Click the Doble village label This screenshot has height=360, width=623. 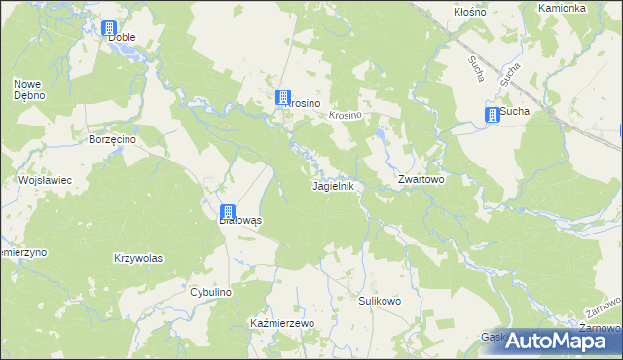[x=122, y=37]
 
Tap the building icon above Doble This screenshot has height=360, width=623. [x=109, y=29]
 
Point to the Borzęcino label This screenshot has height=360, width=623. [x=111, y=139]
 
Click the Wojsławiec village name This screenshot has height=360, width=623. [x=40, y=181]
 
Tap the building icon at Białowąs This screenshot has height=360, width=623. [x=227, y=212]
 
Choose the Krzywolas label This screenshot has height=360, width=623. [x=137, y=258]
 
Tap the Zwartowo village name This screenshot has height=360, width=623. [x=421, y=181]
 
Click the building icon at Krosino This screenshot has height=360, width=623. [x=282, y=97]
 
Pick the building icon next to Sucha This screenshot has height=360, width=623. [x=493, y=115]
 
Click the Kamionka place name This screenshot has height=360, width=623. [x=563, y=7]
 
